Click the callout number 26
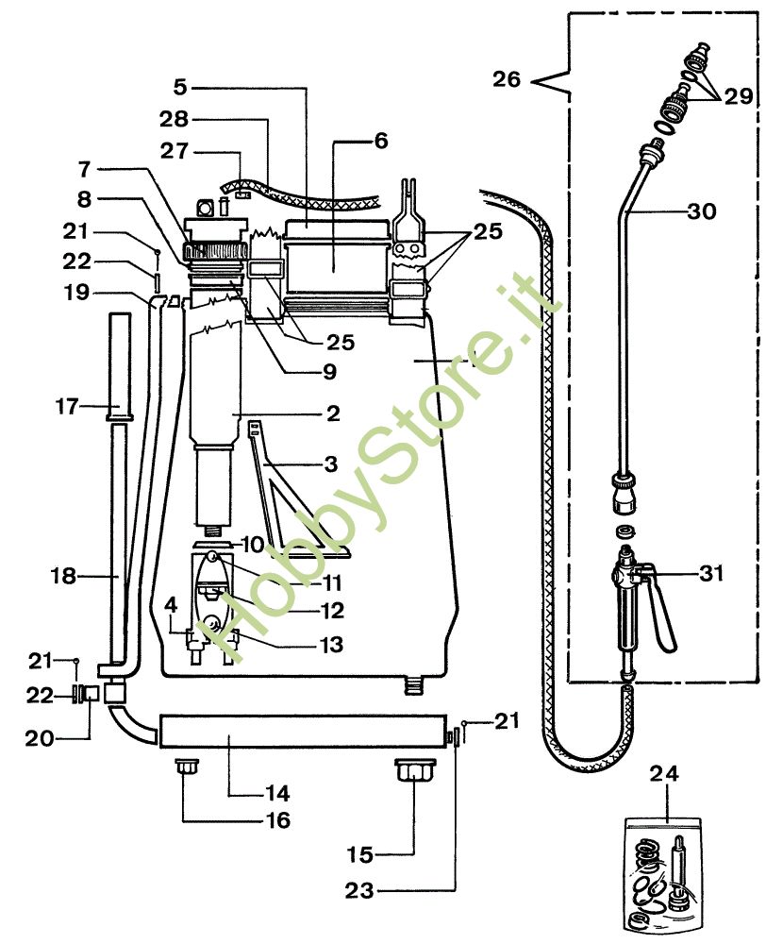[x=507, y=79]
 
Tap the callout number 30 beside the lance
[x=702, y=211]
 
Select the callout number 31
[x=712, y=573]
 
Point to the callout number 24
[x=664, y=774]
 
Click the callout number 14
[x=277, y=794]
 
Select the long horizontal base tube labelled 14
[x=303, y=732]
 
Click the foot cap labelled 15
[x=415, y=770]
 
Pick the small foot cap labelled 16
[x=187, y=767]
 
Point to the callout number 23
[x=359, y=890]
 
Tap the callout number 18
[x=63, y=576]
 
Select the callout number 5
[x=180, y=87]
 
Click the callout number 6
[x=381, y=141]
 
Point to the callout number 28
[x=174, y=119]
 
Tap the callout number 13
[x=331, y=644]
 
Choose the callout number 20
[x=40, y=738]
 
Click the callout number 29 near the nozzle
[x=739, y=95]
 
